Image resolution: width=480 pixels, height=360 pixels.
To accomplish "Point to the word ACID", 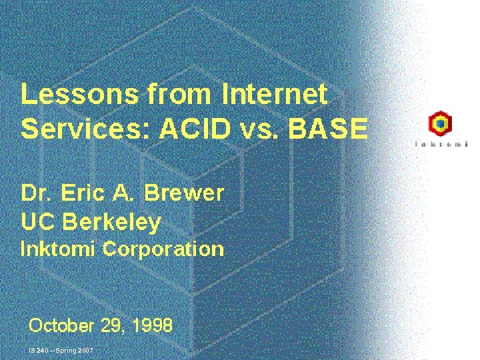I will click(189, 129).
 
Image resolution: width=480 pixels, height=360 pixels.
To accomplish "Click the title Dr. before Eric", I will click(36, 193).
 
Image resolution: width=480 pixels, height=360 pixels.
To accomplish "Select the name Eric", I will click(82, 193).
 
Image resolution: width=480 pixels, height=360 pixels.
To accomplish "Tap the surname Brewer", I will click(184, 193).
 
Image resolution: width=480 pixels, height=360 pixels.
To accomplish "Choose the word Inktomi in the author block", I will click(59, 249).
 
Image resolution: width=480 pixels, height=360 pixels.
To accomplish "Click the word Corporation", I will click(163, 249).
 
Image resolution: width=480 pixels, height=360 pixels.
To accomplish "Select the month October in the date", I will click(61, 326).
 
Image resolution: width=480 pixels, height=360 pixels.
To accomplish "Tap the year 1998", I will click(152, 326).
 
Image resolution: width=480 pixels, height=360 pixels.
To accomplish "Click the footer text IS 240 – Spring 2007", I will click(61, 350).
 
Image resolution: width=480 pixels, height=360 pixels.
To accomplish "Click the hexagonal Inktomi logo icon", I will click(440, 124).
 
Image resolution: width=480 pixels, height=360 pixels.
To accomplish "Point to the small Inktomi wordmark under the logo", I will click(441, 143).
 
